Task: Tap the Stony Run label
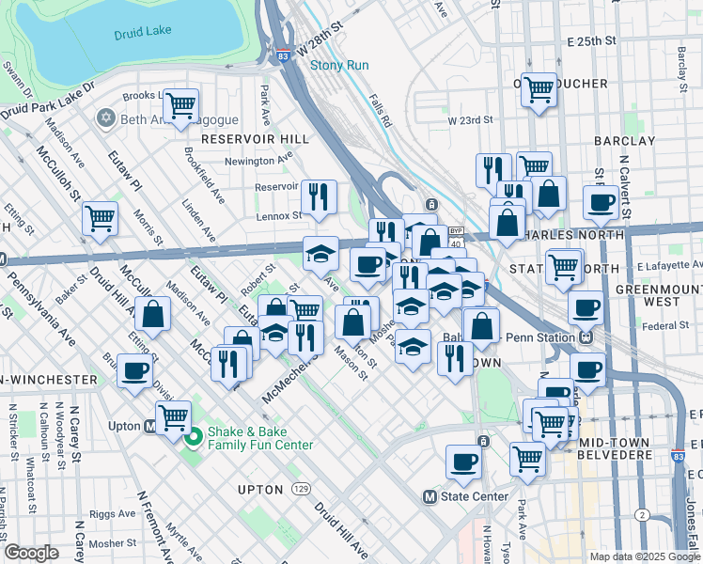tap(339, 66)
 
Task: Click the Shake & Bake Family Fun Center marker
tap(194, 437)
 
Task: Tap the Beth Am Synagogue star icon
tap(105, 119)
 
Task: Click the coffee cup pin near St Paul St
tap(601, 201)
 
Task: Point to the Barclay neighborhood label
tap(624, 141)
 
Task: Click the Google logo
tap(32, 554)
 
